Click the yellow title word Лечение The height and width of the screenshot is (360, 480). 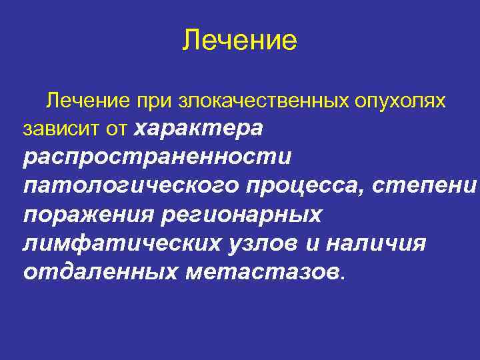(x=239, y=40)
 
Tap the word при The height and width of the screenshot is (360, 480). (x=154, y=101)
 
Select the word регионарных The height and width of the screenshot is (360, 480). (x=244, y=216)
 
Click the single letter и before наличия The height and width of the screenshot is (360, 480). (x=313, y=244)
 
